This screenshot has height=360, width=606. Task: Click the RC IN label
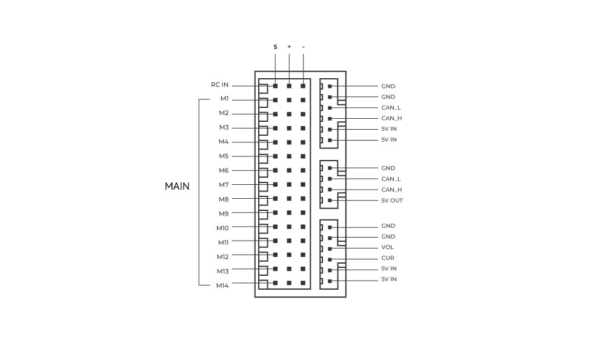pos(219,85)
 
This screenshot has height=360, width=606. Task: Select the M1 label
pos(225,99)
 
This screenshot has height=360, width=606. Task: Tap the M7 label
pos(224,185)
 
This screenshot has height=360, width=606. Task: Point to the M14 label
pos(222,285)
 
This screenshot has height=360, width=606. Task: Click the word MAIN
pos(177,187)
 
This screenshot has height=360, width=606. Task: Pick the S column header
pos(275,47)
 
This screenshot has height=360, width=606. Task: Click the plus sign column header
pos(289,47)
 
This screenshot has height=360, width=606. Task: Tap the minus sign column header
pos(304,47)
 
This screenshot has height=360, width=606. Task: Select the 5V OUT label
pos(392,200)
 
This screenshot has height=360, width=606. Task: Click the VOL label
pos(387,247)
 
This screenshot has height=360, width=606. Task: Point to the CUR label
pos(388,258)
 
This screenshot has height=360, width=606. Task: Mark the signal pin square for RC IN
pos(275,86)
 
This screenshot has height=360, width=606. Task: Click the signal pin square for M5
pos(275,156)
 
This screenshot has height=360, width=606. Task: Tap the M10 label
pos(222,228)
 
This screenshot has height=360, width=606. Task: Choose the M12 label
pos(222,257)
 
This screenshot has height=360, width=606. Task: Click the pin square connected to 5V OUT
pos(330,200)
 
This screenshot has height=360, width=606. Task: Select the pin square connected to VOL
pos(330,248)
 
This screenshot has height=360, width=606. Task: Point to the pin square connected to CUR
pos(330,259)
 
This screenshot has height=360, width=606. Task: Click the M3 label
pos(224,127)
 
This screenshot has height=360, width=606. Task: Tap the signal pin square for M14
pos(275,283)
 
